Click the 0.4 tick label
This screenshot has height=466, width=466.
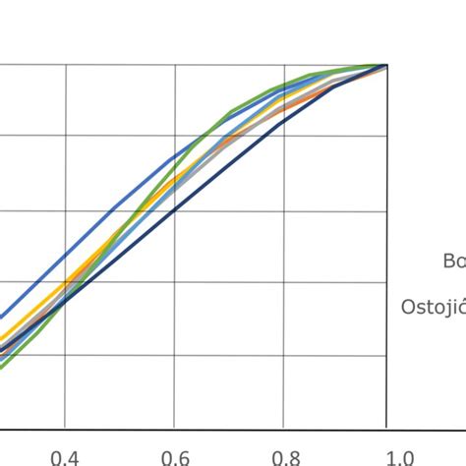pyautogui.click(x=65, y=455)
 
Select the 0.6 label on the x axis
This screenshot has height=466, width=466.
pyautogui.click(x=175, y=455)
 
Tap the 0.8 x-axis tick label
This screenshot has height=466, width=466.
pyautogui.click(x=284, y=455)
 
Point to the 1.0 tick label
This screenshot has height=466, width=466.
pyautogui.click(x=397, y=455)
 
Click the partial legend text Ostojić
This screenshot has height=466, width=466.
pyautogui.click(x=433, y=307)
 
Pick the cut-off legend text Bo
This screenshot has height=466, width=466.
pyautogui.click(x=453, y=261)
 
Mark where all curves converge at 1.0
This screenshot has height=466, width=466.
pyautogui.click(x=387, y=65)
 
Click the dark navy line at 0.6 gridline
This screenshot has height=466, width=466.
pyautogui.click(x=175, y=209)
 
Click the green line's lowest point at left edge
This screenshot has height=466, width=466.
pyautogui.click(x=2, y=367)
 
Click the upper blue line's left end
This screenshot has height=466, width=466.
pyautogui.click(x=2, y=317)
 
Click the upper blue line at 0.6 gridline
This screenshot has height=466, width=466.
pyautogui.click(x=175, y=155)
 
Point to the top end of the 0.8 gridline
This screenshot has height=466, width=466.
pyautogui.click(x=284, y=65)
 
